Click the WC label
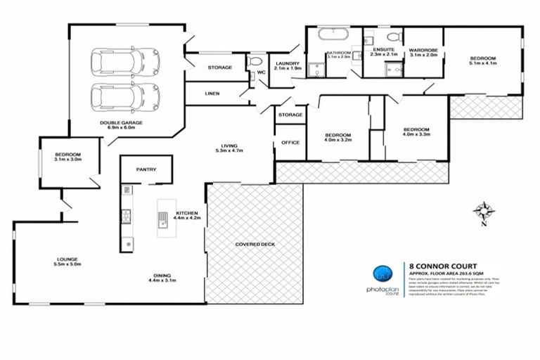click(x=260, y=72)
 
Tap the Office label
click(x=290, y=142)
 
